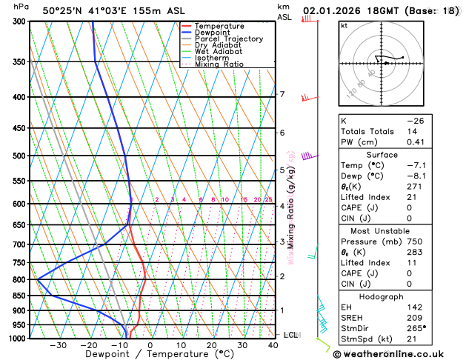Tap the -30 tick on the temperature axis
click(x=58, y=345)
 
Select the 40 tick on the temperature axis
click(x=273, y=345)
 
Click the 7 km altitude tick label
click(x=282, y=94)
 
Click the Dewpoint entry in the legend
click(x=212, y=33)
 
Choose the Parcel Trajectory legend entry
click(x=228, y=39)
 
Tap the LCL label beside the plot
click(x=290, y=335)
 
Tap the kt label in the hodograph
click(x=344, y=25)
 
